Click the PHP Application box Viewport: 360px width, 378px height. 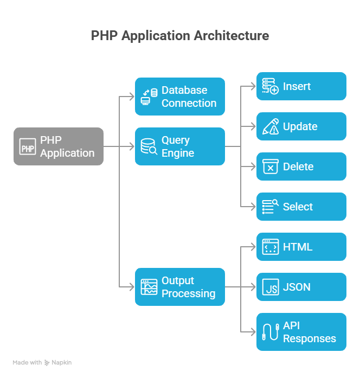(59, 146)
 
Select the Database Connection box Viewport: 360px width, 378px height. (180, 97)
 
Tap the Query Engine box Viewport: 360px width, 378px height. (180, 146)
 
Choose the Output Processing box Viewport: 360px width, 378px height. (180, 287)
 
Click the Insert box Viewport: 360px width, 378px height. (301, 86)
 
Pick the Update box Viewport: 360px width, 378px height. (301, 126)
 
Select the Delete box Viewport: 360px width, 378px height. (301, 166)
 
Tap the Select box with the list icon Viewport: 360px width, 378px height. (301, 207)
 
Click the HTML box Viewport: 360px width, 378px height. (301, 247)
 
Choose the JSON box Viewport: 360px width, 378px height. (301, 287)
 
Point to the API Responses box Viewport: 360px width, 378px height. (301, 332)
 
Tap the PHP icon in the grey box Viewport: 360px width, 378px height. (28, 146)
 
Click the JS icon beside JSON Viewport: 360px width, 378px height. (270, 287)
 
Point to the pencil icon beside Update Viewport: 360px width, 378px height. (270, 126)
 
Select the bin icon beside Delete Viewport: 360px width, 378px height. (270, 166)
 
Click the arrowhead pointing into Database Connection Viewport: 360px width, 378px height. (132, 97)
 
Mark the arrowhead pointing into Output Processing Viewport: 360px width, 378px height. (132, 287)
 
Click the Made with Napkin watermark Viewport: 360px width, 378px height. (42, 362)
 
